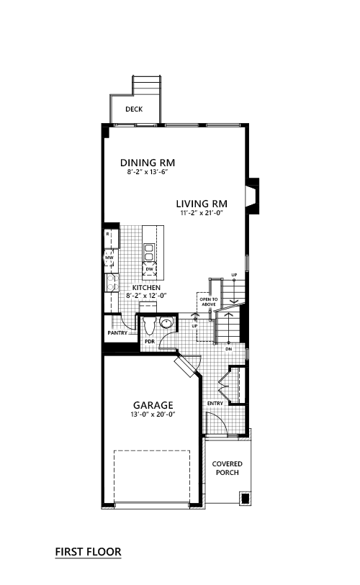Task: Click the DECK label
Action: click(x=134, y=109)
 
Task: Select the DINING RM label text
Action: click(x=148, y=163)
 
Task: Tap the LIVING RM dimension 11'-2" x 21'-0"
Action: click(x=202, y=213)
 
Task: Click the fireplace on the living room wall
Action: click(x=252, y=196)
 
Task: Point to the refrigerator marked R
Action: click(x=112, y=239)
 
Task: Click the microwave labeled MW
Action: click(x=109, y=258)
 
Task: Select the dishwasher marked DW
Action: click(x=149, y=268)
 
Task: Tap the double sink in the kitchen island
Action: click(x=148, y=253)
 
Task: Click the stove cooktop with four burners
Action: click(x=112, y=283)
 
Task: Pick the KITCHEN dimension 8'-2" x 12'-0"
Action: click(x=146, y=296)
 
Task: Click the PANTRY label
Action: click(x=117, y=332)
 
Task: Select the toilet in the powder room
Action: click(x=149, y=325)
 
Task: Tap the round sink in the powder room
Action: click(x=166, y=322)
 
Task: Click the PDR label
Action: click(x=150, y=341)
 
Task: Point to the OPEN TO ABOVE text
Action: click(x=209, y=301)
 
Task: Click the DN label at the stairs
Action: click(x=228, y=349)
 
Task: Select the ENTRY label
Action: click(x=215, y=403)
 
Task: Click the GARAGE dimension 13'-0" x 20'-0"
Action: click(x=153, y=414)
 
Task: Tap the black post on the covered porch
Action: click(x=246, y=499)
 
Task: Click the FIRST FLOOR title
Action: click(x=88, y=552)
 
